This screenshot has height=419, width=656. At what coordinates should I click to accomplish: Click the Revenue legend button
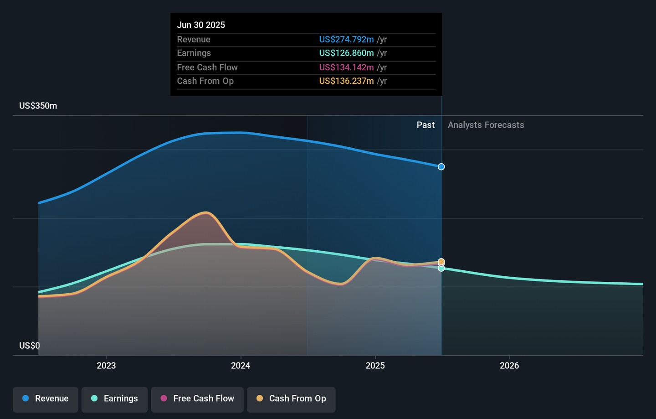pos(46,399)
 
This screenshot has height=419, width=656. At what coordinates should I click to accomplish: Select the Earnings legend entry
pos(114,399)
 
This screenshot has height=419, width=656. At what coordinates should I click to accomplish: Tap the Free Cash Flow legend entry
pos(197,399)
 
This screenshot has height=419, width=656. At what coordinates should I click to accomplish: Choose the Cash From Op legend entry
pos(291,399)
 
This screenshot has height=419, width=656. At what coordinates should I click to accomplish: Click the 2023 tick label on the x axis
pos(106,366)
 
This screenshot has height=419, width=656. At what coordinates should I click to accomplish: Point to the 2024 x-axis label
pos(241,366)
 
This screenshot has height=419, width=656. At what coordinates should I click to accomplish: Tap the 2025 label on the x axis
pos(375,366)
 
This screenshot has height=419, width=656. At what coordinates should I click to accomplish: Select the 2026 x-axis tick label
pos(509,366)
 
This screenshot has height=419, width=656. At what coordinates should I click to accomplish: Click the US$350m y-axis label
pos(38,106)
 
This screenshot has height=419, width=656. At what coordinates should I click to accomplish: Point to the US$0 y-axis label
pos(30,346)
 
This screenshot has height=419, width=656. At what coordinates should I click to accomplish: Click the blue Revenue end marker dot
pos(441,167)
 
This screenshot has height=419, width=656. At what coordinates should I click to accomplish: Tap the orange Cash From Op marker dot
pos(441,262)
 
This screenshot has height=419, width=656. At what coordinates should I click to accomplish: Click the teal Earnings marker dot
pos(441,269)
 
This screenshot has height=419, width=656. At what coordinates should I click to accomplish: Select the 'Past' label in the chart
pos(425,125)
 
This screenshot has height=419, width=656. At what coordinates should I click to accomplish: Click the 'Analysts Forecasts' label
pos(486,125)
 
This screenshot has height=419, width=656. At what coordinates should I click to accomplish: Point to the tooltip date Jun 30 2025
pos(201,25)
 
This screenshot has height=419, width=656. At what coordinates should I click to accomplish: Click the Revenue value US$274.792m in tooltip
pos(346,40)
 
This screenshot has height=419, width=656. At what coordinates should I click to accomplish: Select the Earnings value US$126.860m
pos(346,53)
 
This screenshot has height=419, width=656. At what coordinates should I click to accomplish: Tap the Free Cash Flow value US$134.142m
pos(346,67)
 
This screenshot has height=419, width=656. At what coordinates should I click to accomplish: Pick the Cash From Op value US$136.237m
pos(346,81)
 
